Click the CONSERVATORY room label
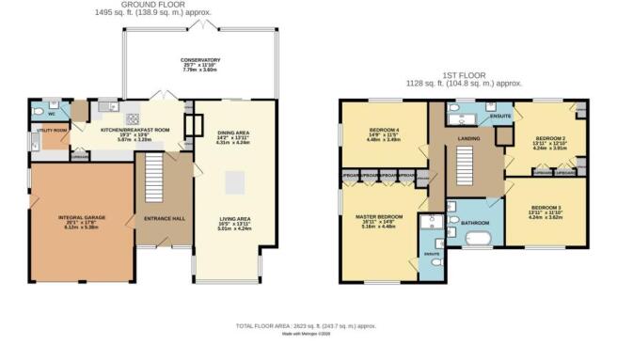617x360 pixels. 200,62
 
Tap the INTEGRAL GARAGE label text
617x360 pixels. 81,216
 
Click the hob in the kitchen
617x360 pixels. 133,117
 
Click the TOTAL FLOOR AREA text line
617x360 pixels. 308,326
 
